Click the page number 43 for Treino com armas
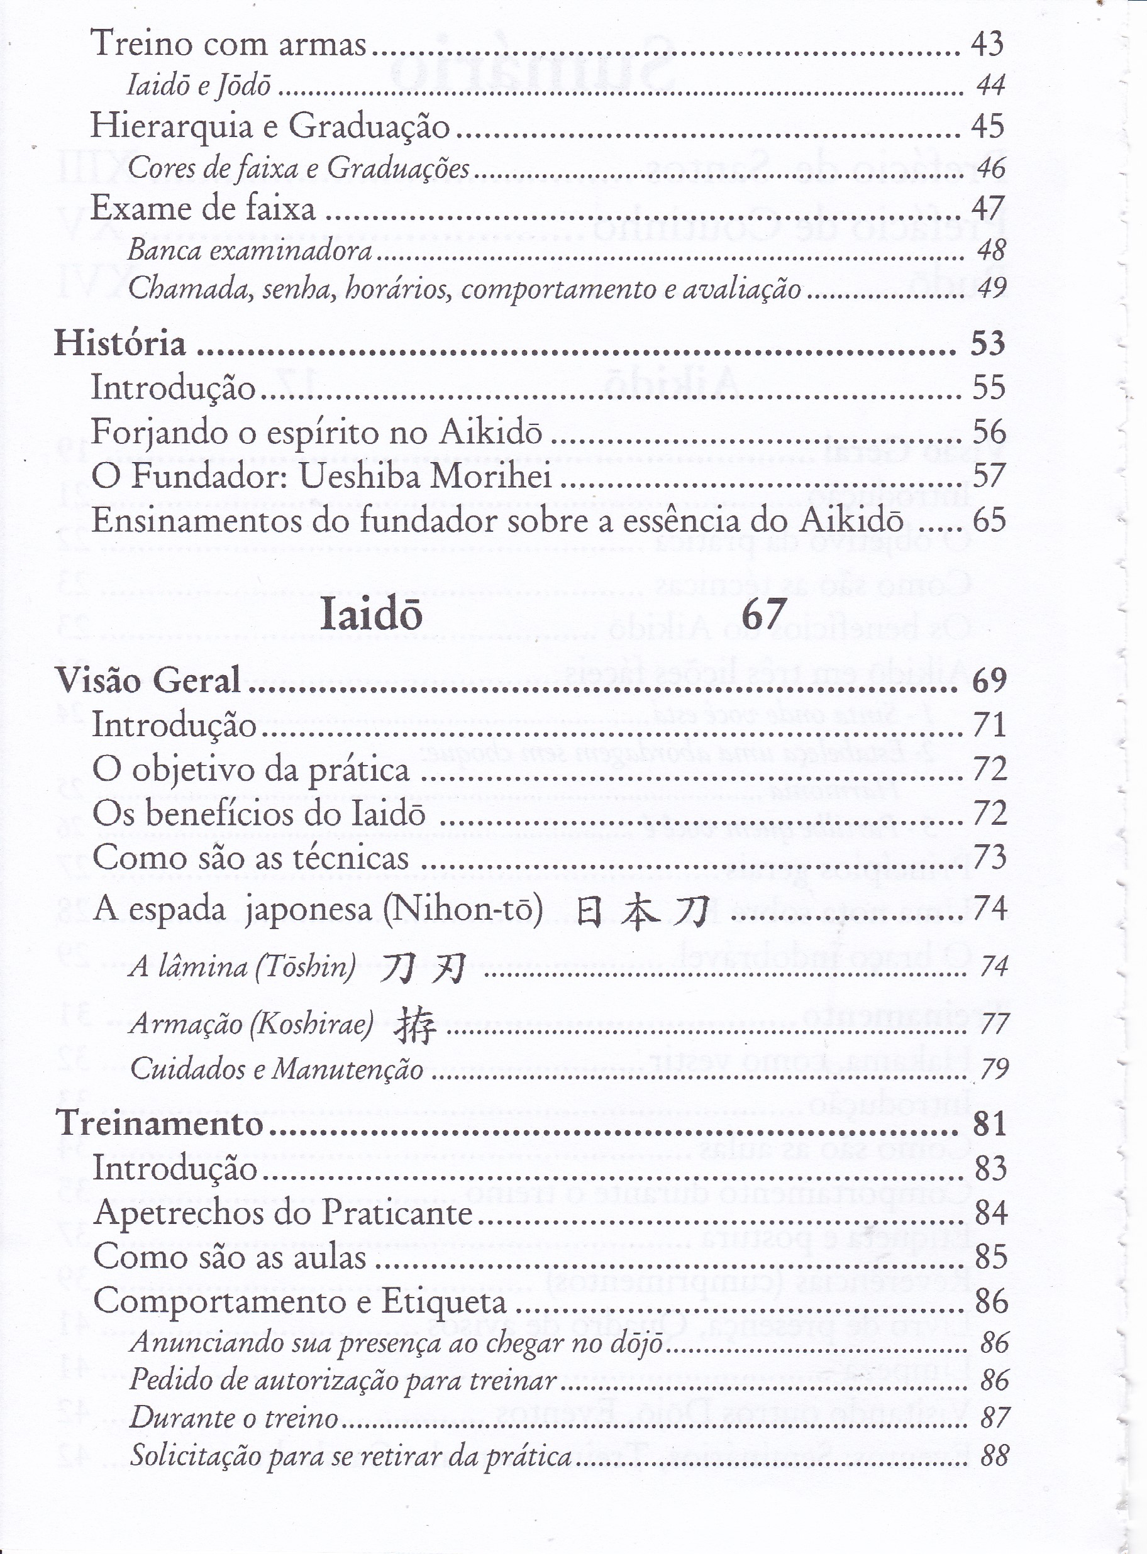[x=987, y=44]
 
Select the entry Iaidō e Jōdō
[x=199, y=85]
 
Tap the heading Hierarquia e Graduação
[x=270, y=126]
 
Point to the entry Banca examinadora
[x=250, y=250]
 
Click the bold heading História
[x=120, y=344]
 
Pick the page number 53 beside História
[x=987, y=344]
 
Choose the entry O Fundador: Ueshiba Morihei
[x=321, y=476]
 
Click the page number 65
[x=989, y=521]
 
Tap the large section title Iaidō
[x=371, y=615]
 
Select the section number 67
[x=764, y=614]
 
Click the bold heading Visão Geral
[x=148, y=681]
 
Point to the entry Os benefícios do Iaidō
[x=259, y=814]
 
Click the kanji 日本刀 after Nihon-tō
[x=641, y=911]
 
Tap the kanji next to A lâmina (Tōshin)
[x=423, y=967]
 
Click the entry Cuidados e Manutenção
[x=276, y=1069]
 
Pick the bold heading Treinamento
[x=160, y=1123]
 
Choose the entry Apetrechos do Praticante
[x=282, y=1213]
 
